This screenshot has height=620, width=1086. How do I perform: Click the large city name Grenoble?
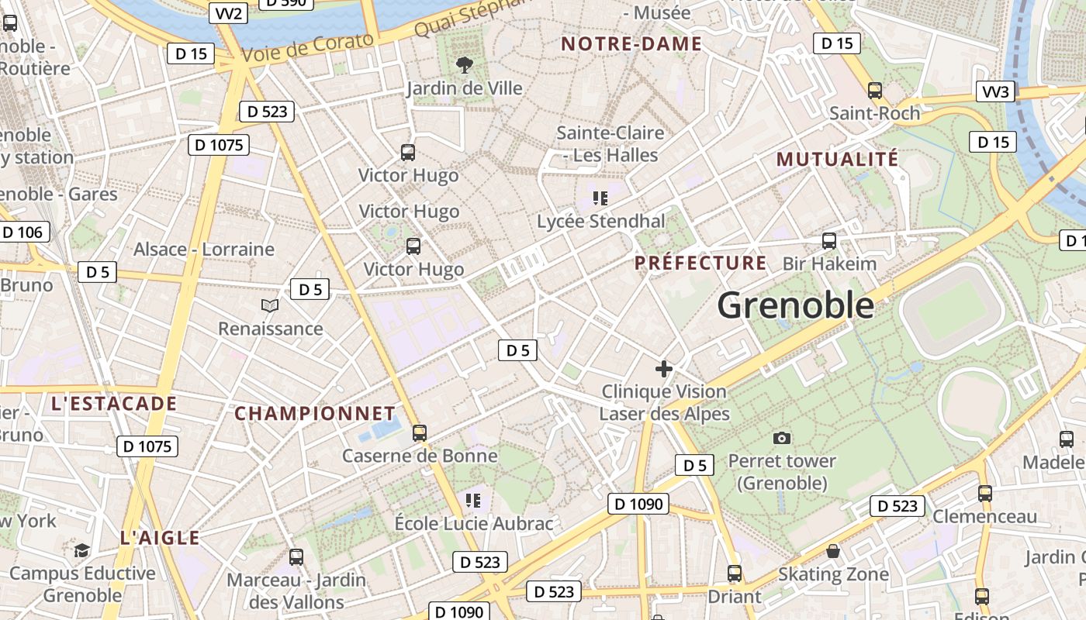point(795,305)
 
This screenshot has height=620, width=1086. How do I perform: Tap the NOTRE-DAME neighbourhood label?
point(631,44)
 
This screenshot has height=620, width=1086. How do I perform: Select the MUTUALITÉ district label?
point(837,160)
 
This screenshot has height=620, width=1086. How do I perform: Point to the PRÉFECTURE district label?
point(700,263)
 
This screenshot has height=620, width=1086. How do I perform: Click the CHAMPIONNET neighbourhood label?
point(315,413)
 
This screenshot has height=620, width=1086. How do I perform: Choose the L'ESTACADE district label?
point(114,404)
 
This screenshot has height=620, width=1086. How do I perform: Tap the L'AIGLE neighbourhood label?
point(160,538)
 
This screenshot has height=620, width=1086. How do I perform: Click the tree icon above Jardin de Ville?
point(465,64)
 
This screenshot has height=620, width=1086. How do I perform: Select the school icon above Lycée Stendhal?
point(600,198)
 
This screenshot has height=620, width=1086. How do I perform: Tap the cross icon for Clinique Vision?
point(664,368)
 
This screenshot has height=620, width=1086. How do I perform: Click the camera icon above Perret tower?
point(782,439)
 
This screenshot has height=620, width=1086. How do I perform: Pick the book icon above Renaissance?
point(270,306)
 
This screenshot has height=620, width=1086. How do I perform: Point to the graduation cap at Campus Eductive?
point(81,550)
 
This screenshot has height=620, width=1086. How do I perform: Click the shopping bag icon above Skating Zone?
point(833,551)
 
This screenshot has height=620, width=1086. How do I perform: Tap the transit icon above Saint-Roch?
point(875,91)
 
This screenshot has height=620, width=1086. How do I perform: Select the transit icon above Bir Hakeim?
point(829,241)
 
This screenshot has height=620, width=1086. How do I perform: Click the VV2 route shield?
point(229,13)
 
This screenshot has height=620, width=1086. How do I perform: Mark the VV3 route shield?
point(996,93)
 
